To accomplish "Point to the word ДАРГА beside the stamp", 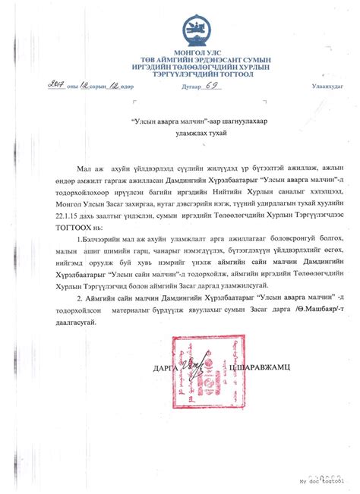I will click(x=163, y=368).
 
